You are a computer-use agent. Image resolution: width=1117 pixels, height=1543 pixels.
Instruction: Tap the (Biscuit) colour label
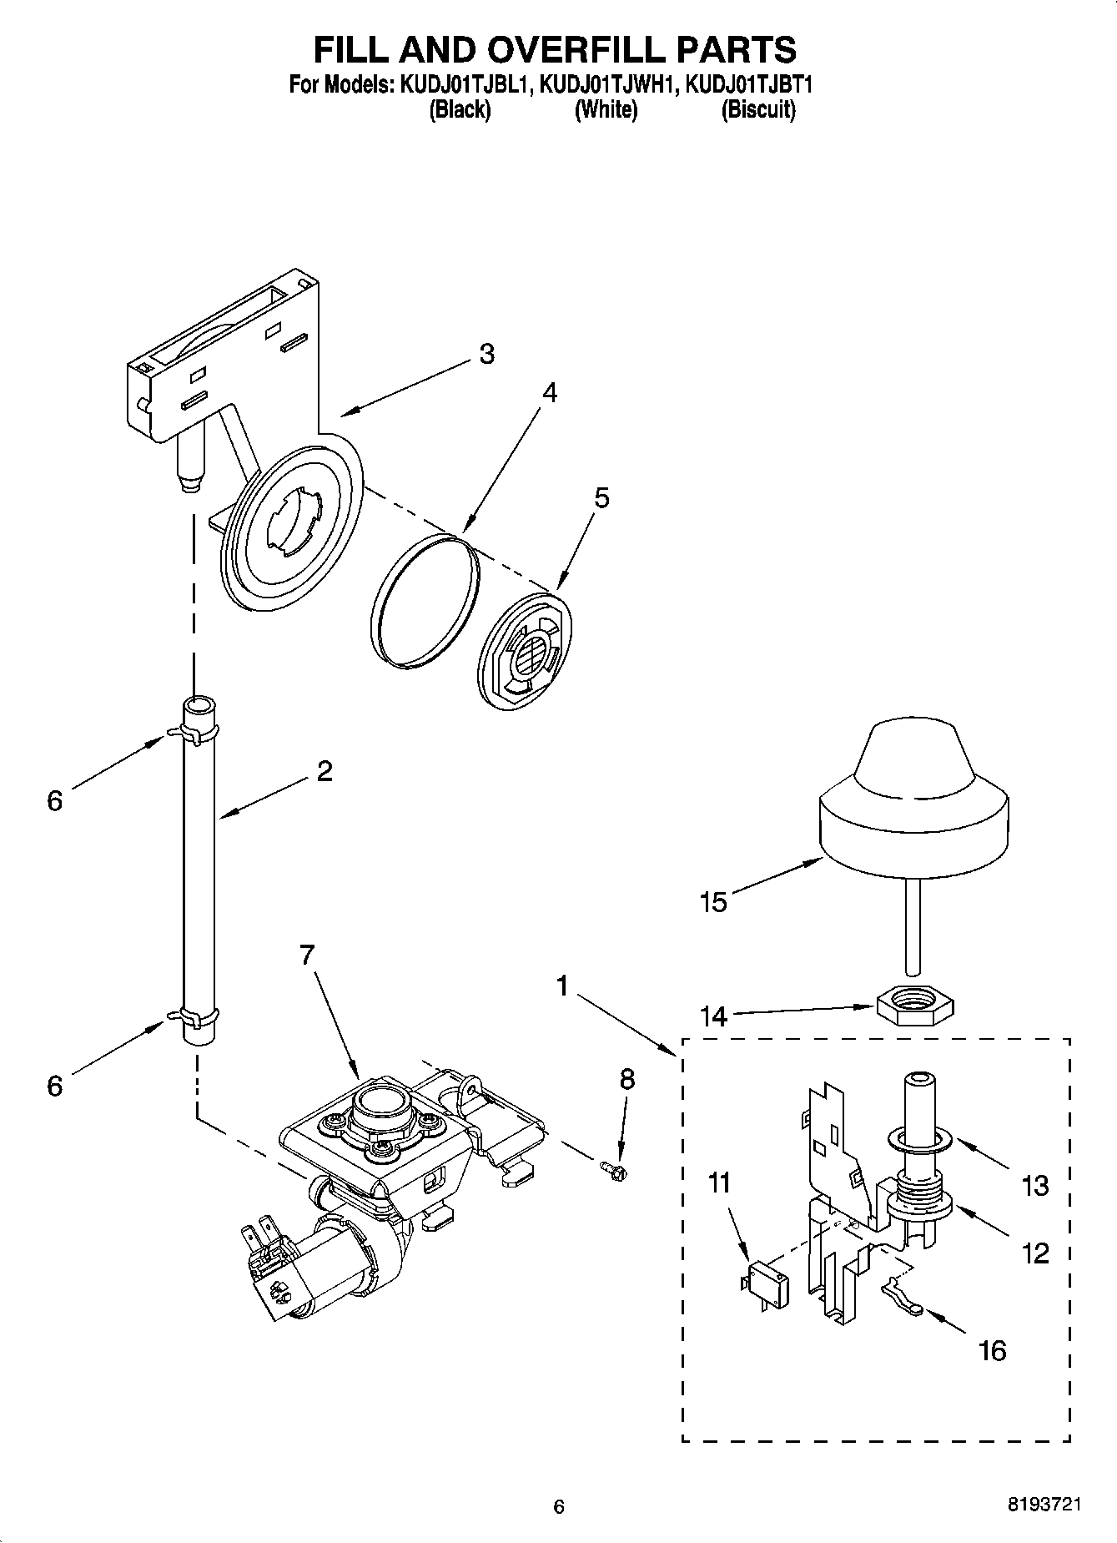(757, 109)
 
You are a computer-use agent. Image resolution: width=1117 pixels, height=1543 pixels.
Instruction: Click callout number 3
(486, 354)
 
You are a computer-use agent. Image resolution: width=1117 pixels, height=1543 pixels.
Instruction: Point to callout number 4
(548, 392)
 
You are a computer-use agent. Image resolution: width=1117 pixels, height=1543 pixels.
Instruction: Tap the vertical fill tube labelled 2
(199, 868)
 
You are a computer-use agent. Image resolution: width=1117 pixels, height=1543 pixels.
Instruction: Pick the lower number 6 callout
(54, 1086)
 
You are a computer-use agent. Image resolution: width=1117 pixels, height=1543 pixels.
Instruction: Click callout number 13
(1035, 1185)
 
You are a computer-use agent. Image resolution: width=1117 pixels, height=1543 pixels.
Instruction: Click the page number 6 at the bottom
(559, 1506)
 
